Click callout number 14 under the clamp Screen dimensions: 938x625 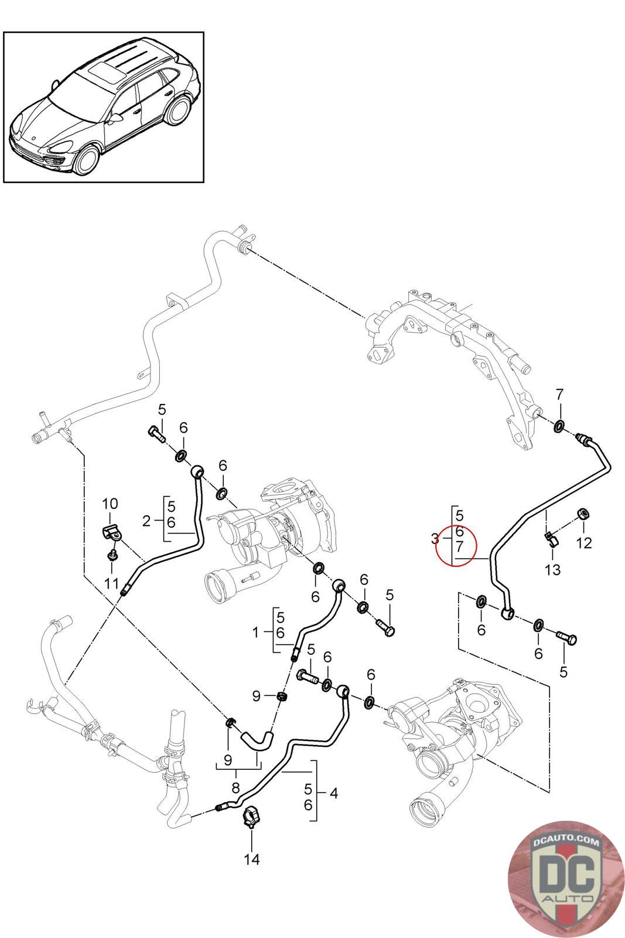click(251, 859)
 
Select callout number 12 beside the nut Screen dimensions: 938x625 click(584, 543)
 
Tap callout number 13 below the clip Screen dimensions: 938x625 click(552, 569)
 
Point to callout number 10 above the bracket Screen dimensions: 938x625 click(110, 503)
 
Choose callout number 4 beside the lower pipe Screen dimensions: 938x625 click(333, 793)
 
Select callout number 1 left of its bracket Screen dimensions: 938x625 click(255, 633)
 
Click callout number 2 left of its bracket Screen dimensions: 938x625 click(146, 519)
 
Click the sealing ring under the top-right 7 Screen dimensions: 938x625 click(559, 425)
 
